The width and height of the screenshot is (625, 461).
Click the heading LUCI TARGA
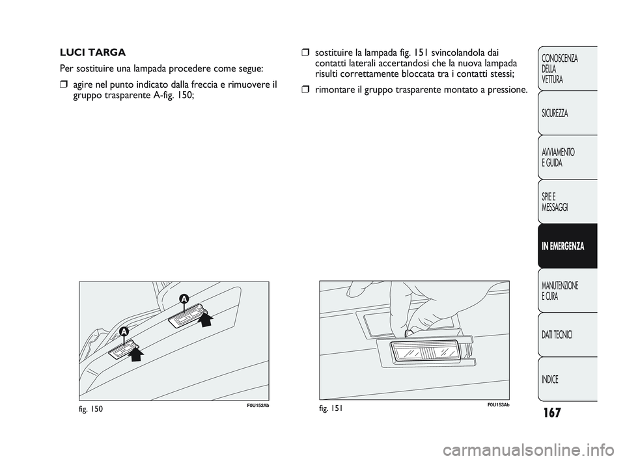click(x=92, y=53)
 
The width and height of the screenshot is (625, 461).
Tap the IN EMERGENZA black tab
click(x=567, y=246)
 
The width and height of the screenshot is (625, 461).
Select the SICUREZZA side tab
click(x=567, y=113)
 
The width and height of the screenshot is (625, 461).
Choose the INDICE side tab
click(x=567, y=379)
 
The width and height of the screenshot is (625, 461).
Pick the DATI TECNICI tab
click(x=567, y=335)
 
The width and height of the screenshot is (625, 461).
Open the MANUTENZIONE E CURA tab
click(x=567, y=291)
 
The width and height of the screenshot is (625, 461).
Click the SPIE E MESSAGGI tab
click(x=567, y=202)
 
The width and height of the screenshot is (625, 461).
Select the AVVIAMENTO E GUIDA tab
click(x=567, y=157)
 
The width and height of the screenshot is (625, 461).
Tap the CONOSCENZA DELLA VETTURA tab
click(x=567, y=68)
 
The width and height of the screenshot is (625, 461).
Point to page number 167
click(x=551, y=412)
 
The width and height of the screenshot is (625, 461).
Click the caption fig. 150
click(x=91, y=409)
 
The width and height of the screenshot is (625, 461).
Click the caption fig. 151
click(x=331, y=408)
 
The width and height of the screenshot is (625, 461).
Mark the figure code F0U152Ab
click(x=258, y=405)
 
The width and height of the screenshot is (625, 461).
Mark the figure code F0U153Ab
click(x=498, y=405)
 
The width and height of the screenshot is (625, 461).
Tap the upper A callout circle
click(x=184, y=298)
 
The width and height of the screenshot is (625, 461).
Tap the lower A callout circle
click(x=124, y=332)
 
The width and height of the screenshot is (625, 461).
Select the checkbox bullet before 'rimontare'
click(x=305, y=90)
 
